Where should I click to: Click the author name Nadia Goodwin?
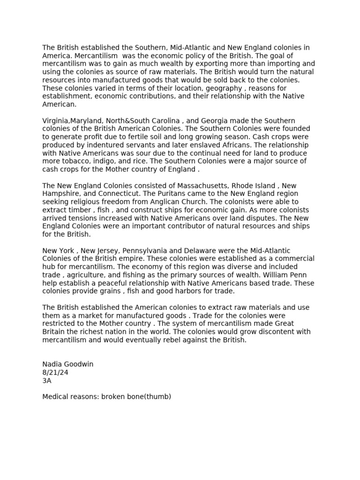68,364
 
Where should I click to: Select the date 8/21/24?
55,372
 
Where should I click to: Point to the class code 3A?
47,381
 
